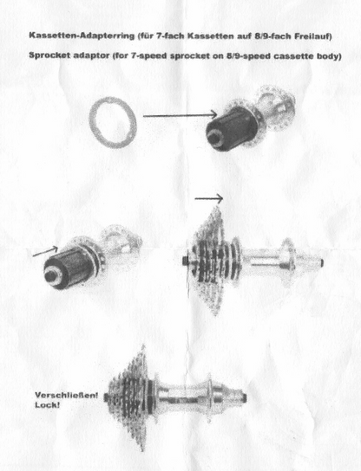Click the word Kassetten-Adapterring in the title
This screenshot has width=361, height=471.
click(82, 35)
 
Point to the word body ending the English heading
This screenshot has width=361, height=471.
click(329, 56)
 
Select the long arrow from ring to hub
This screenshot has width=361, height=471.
click(180, 115)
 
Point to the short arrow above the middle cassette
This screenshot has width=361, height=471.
click(208, 198)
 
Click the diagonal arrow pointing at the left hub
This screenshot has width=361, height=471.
click(45, 251)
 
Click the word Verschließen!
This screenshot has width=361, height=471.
click(67, 395)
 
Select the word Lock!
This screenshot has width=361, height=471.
click(47, 404)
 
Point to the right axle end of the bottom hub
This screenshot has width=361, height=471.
click(245, 398)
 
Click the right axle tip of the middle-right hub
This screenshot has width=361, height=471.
click(321, 263)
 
